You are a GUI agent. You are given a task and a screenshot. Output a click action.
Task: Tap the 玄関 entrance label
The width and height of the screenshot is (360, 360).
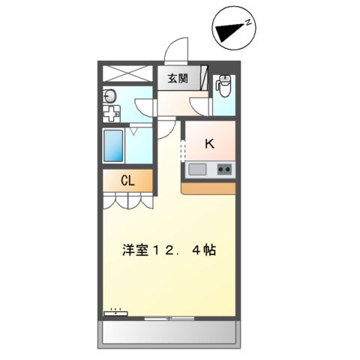[x=178, y=78]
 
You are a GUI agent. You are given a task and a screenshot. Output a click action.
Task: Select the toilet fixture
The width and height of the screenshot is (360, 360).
[x=223, y=87]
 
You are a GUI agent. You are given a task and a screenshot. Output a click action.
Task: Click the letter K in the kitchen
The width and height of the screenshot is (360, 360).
[x=209, y=144]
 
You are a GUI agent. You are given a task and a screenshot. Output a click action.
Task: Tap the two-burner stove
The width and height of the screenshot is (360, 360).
[x=224, y=170]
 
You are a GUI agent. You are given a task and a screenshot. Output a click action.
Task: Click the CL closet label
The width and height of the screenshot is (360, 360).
[x=128, y=181]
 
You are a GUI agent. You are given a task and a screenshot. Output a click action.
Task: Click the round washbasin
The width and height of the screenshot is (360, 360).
[x=110, y=95]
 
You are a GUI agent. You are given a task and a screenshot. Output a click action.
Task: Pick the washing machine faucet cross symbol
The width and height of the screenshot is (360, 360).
[x=111, y=115]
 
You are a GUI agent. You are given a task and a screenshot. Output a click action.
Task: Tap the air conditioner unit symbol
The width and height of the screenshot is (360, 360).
[x=116, y=313]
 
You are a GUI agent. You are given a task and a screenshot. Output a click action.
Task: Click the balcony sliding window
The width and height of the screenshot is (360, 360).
[x=170, y=318]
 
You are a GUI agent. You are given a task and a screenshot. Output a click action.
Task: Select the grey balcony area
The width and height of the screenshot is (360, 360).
[x=169, y=333]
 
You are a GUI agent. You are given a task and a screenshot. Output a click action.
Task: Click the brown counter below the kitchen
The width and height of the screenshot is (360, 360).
[x=209, y=187]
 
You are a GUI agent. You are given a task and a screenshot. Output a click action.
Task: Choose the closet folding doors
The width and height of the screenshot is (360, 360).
[x=128, y=199]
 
